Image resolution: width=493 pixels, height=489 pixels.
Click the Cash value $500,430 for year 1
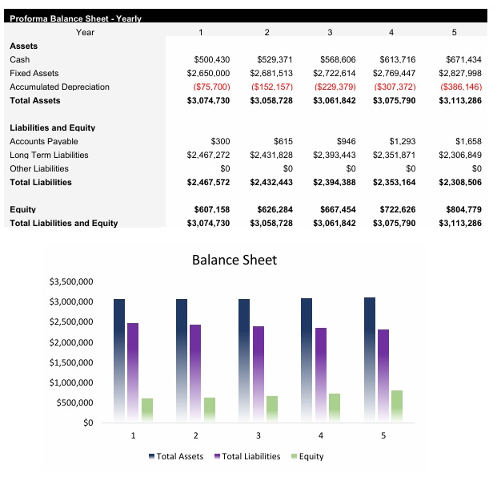click(x=212, y=59)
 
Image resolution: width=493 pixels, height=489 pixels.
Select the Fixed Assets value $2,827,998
click(x=459, y=73)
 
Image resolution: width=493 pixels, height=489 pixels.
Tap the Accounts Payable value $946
click(x=346, y=141)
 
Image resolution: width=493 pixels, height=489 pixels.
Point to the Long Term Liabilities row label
click(x=49, y=155)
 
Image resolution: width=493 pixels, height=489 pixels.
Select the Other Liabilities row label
click(x=39, y=168)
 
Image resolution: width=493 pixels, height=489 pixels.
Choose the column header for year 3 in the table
click(x=330, y=32)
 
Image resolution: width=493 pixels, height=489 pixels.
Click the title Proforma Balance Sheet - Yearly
click(x=75, y=18)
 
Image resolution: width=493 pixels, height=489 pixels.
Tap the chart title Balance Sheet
click(x=234, y=260)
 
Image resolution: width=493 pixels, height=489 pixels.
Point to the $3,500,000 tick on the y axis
click(x=71, y=282)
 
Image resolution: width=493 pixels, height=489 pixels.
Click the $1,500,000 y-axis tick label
click(x=71, y=362)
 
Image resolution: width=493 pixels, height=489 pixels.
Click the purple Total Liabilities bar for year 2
click(x=195, y=373)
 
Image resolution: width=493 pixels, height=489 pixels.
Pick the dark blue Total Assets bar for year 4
click(x=307, y=360)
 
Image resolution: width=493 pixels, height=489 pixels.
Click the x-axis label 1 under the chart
click(x=133, y=435)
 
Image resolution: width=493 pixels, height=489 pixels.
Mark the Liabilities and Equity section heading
click(x=53, y=127)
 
